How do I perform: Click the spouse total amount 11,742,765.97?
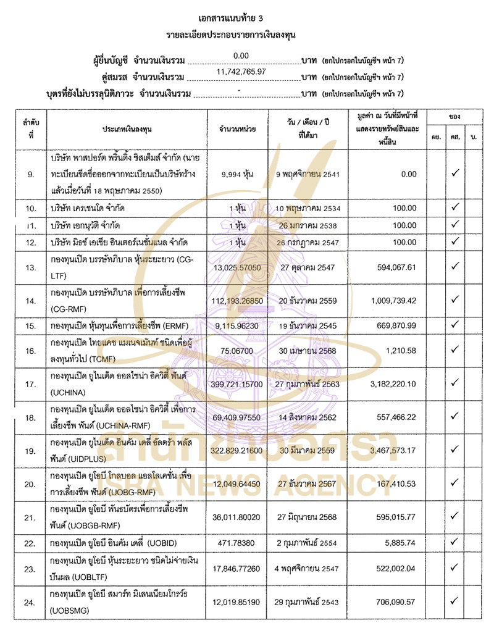[241, 72]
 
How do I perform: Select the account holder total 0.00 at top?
[241, 56]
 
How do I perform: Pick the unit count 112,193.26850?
[238, 301]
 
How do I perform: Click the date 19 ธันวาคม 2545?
[308, 324]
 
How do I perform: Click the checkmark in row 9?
[454, 174]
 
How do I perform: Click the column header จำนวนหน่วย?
[238, 128]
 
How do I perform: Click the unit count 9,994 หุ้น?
[238, 174]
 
